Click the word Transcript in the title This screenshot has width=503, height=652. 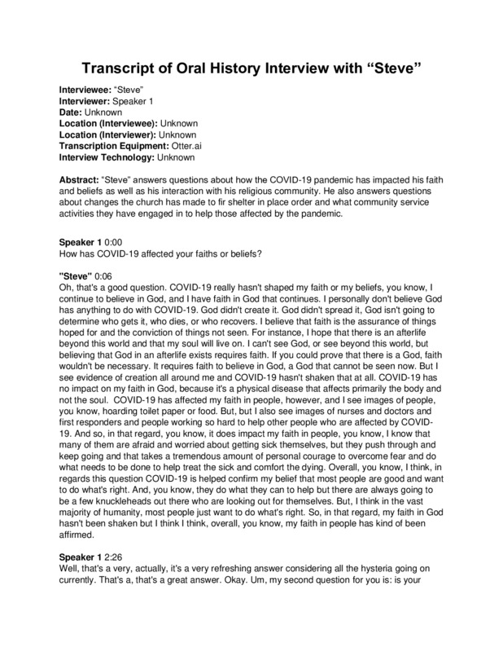tap(120, 67)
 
